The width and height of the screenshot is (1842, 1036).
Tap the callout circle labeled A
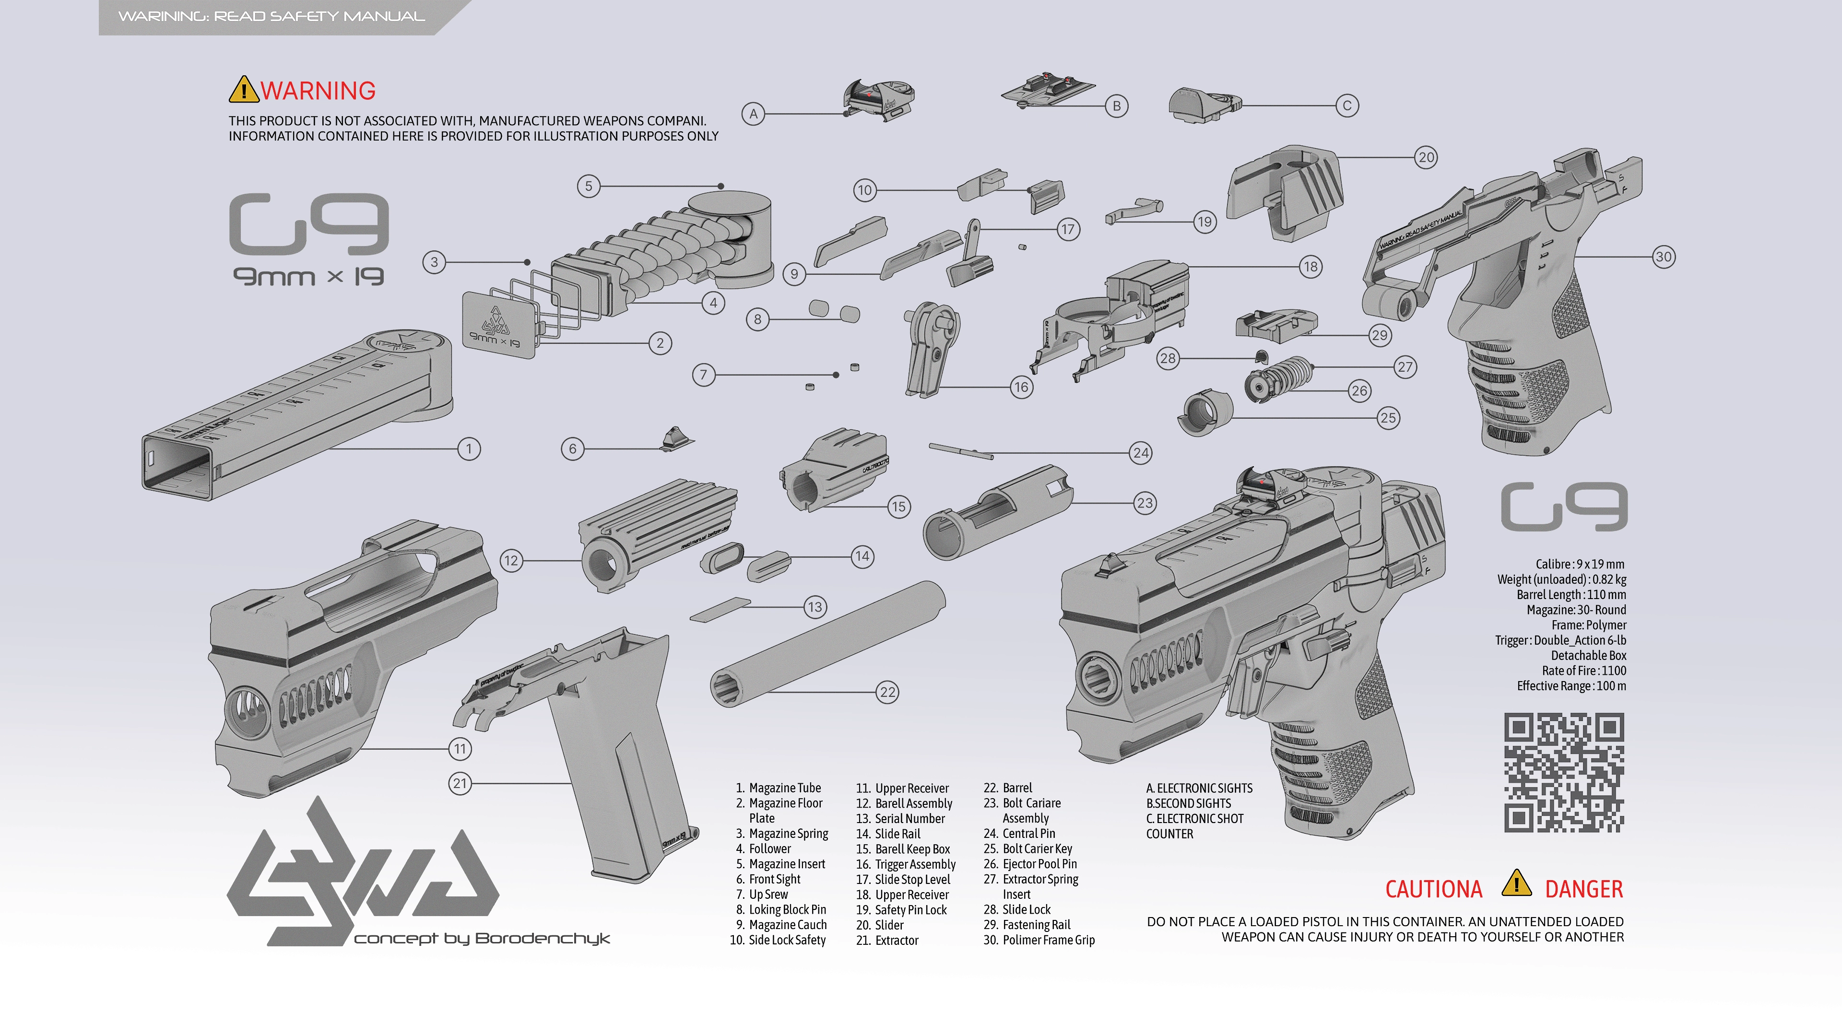pos(753,114)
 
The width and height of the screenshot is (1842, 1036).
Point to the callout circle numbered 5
pos(589,187)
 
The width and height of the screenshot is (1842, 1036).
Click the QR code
pos(1564,772)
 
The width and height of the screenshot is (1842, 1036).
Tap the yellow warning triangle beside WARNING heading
pos(243,90)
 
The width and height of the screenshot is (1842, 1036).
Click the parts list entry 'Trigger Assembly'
pos(915,864)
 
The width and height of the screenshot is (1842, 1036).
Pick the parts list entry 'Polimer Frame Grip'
pos(1048,940)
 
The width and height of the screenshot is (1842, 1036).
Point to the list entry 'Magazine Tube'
pos(784,788)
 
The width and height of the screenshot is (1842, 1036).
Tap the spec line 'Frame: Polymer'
pos(1588,625)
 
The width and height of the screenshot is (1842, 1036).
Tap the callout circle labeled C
pos(1347,106)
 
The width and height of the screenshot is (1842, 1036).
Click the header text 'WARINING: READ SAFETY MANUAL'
pos(271,16)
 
